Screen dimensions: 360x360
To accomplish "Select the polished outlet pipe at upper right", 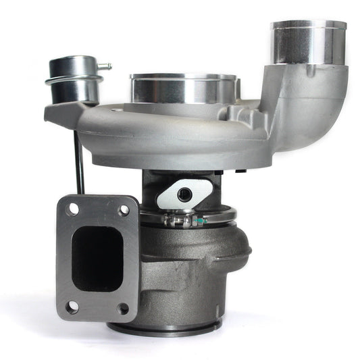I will pyautogui.click(x=307, y=43).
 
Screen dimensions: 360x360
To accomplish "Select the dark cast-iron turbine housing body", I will pyautogui.click(x=192, y=270).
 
